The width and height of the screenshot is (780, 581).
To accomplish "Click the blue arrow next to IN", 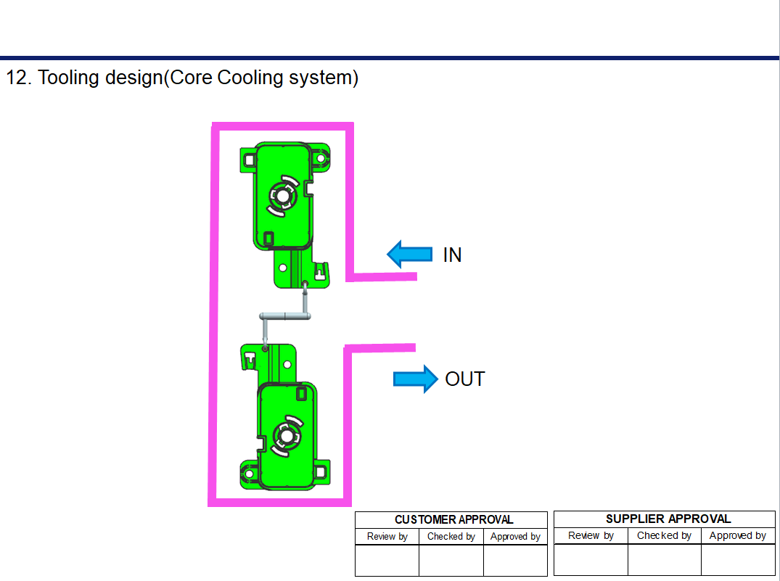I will pos(409,254).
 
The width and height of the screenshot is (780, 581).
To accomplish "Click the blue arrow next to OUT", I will pos(416,379).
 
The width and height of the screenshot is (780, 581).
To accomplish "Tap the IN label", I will pos(452,255).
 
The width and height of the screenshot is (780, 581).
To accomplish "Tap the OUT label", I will pos(464,379).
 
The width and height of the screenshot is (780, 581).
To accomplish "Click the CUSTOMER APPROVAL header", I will pos(453,519).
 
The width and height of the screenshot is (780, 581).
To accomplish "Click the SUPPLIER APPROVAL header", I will pos(668,519).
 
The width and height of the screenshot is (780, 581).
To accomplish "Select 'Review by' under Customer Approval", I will pos(387,537).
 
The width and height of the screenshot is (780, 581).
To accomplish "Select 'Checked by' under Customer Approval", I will pos(451,537).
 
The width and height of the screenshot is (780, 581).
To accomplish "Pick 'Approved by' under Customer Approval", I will pos(515,537).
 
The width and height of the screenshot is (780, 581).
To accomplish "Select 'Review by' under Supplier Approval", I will pos(591,535).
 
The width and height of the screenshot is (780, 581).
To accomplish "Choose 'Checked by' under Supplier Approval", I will pos(664,535).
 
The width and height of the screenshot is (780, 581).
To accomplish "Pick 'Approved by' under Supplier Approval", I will pos(737,535).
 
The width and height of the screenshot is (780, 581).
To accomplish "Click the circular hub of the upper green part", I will pos(282,195).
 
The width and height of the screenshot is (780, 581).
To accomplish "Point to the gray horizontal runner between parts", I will pos(285,316).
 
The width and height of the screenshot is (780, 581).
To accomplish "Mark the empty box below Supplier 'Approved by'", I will pos(737,559).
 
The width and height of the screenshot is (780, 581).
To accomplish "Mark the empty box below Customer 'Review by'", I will pos(387,560).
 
